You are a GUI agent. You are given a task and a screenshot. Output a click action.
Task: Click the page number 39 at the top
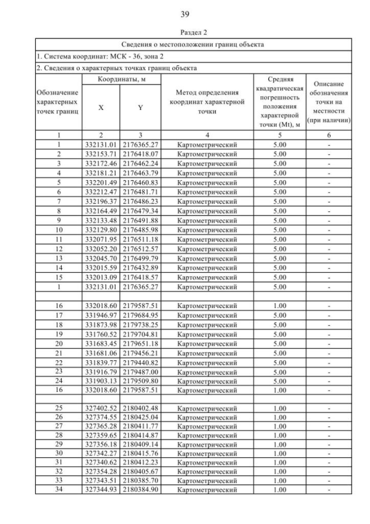184,14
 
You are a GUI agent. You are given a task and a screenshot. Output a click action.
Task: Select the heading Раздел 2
185,32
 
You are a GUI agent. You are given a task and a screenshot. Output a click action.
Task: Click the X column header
101,107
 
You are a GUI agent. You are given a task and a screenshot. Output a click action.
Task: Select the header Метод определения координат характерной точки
207,102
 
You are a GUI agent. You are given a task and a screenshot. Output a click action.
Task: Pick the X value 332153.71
101,154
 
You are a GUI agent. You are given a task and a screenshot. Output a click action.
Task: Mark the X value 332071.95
101,239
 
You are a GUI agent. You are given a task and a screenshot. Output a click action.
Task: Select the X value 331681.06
101,353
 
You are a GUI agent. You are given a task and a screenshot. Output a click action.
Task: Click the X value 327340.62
101,463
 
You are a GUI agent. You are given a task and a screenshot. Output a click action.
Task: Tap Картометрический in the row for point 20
207,343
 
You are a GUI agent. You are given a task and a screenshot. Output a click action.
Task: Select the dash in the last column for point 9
328,220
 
